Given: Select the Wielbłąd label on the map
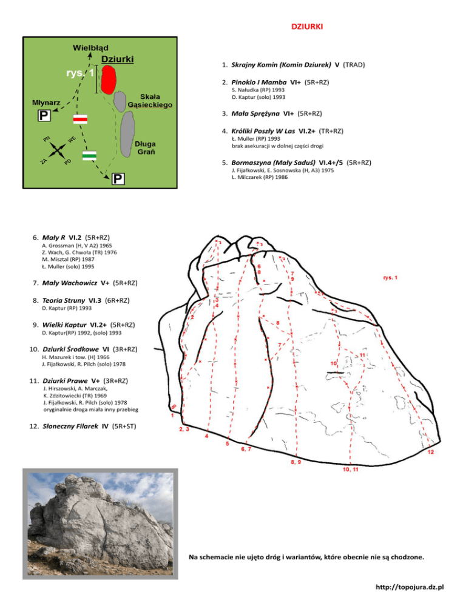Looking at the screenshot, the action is pyautogui.click(x=91, y=47).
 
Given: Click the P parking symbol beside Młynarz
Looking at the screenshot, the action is pyautogui.click(x=44, y=115).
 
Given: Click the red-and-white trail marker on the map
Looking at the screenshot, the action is pyautogui.click(x=80, y=119).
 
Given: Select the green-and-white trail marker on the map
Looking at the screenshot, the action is pyautogui.click(x=90, y=156).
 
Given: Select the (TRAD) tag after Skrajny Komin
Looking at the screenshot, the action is pyautogui.click(x=354, y=64).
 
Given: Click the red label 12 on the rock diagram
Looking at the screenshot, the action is pyautogui.click(x=430, y=452).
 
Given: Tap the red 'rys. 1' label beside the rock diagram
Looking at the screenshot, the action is pyautogui.click(x=390, y=278).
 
